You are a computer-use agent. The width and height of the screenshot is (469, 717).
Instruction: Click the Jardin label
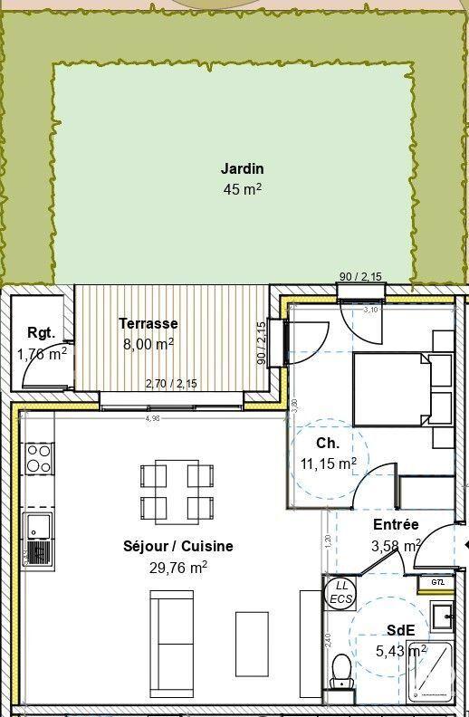(242, 168)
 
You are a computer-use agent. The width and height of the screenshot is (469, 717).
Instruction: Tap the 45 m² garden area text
(242, 189)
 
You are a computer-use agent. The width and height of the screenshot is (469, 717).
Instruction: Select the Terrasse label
(148, 323)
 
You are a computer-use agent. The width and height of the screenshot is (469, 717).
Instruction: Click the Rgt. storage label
(37, 331)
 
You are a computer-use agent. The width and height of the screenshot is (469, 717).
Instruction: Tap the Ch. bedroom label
(328, 444)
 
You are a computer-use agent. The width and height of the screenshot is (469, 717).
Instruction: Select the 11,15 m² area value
(329, 463)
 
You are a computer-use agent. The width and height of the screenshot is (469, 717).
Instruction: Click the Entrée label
(396, 525)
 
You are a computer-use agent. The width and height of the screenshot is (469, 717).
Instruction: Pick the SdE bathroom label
(400, 630)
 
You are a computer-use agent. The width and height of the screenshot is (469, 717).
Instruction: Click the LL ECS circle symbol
(340, 592)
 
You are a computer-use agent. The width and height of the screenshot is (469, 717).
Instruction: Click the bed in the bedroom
(391, 388)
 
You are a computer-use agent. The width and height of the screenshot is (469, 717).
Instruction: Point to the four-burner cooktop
(39, 458)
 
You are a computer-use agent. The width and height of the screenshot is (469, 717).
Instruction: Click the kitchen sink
(39, 536)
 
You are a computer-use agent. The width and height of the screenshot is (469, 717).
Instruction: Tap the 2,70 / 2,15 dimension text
(171, 384)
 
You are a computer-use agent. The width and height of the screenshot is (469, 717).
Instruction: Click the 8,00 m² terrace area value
(148, 344)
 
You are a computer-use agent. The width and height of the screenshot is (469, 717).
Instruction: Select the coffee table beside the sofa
(253, 638)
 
